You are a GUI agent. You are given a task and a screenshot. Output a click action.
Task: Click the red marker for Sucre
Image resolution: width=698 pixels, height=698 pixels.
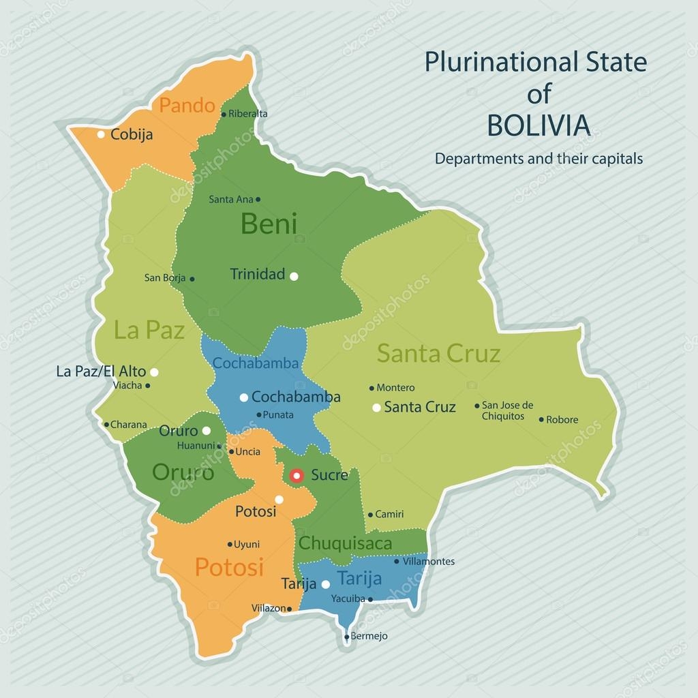coord(297,475)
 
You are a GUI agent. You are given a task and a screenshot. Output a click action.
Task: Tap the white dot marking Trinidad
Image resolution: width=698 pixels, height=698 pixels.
coord(294,276)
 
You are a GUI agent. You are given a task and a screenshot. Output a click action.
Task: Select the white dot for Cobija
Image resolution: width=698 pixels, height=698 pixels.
coord(101,134)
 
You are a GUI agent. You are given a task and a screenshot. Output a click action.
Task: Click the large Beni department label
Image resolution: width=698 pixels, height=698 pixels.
coord(269,224)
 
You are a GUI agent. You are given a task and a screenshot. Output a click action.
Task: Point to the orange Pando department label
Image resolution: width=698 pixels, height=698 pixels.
coord(187,106)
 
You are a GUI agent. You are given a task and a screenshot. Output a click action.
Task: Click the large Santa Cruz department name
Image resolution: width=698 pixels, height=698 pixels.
coord(438,353)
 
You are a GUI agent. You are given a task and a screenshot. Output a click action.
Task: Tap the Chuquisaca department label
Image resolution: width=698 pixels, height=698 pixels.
coord(345,543)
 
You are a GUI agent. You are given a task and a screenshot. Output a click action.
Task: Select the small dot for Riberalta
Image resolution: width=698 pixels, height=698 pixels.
coord(224,115)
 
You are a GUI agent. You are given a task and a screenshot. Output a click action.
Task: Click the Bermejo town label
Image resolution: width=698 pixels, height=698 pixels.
coord(369,636)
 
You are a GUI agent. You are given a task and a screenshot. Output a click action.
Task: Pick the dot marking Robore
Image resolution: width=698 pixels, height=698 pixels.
coord(541,420)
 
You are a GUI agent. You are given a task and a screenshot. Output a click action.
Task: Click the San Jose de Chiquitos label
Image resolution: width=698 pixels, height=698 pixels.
coord(507,410)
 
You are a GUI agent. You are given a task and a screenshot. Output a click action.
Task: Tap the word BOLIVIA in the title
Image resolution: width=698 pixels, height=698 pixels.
coord(538,125)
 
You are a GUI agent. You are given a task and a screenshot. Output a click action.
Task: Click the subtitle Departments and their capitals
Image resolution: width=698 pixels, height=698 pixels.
coord(538,159)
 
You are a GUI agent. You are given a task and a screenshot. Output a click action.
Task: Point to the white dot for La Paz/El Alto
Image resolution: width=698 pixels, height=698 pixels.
coord(154,372)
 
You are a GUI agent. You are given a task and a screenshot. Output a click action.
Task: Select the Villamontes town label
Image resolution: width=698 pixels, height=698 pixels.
coord(428,562)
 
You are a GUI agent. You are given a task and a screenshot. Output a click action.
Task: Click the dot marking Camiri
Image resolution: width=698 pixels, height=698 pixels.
coord(370,515)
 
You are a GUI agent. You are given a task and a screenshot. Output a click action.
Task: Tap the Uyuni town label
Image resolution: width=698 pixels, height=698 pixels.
coord(246,544)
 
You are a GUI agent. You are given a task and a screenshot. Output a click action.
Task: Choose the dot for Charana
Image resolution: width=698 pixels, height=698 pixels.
coord(106,425)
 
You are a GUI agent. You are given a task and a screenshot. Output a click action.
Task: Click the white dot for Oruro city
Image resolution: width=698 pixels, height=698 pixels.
coord(206,431)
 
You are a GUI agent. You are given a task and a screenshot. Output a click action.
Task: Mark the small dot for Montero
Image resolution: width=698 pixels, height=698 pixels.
coord(371,388)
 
